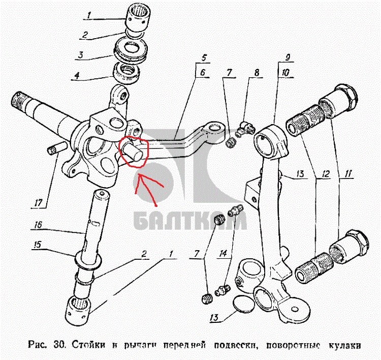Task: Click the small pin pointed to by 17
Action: tap(56, 148)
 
